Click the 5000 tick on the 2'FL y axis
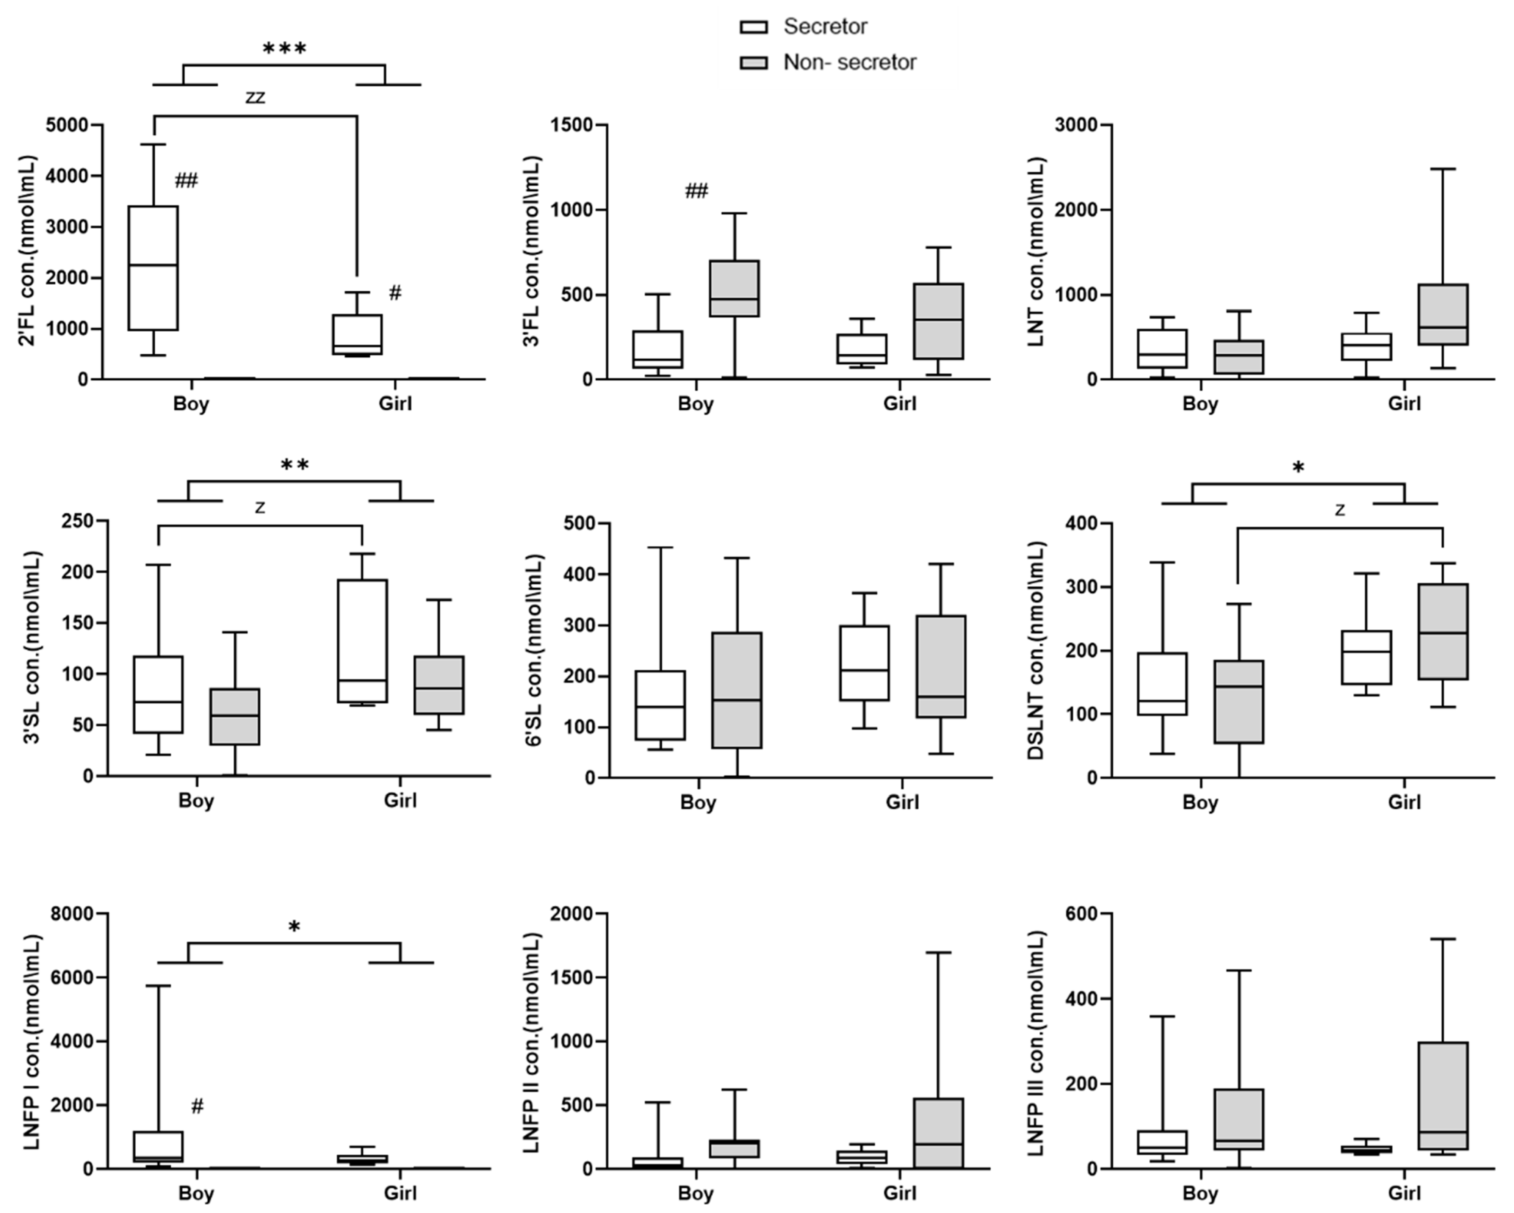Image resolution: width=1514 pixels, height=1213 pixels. pos(67,125)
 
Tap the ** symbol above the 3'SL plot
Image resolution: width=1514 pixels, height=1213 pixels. pos(295,465)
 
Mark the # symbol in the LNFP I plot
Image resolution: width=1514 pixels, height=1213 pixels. pos(197,1106)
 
